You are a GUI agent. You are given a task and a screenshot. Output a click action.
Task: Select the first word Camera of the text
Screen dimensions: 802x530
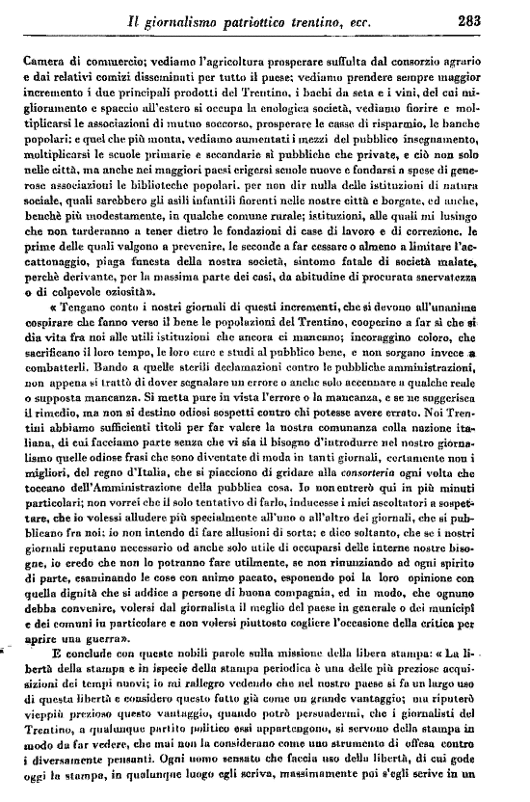coord(44,61)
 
